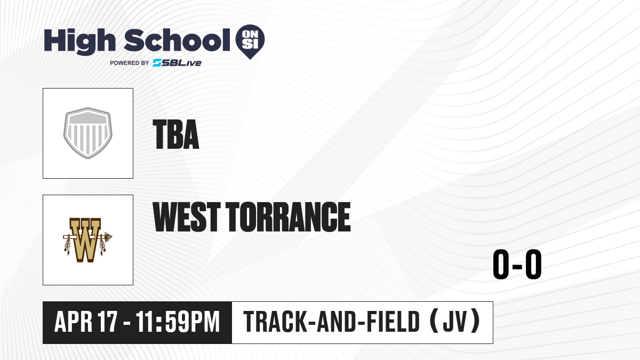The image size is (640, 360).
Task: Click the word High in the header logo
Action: tap(79, 42)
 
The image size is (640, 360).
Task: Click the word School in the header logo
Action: tap(177, 40)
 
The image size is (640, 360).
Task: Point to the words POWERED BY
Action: tap(130, 63)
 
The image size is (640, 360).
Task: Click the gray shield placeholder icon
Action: tap(87, 133)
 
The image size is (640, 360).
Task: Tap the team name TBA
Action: tap(175, 134)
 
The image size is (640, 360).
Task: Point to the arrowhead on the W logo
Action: tap(108, 237)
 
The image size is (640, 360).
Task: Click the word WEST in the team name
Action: tap(187, 217)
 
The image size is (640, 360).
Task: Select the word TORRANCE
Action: tap(289, 217)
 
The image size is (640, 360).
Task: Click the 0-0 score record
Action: tap(517, 265)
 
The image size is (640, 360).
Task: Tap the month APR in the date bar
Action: tap(74, 322)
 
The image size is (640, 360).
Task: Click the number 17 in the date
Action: tap(107, 322)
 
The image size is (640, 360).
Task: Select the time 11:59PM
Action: tap(178, 322)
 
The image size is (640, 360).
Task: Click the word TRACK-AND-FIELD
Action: tap(331, 322)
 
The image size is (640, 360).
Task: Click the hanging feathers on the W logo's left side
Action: tap(67, 246)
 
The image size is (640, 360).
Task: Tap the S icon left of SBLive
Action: tap(157, 63)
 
